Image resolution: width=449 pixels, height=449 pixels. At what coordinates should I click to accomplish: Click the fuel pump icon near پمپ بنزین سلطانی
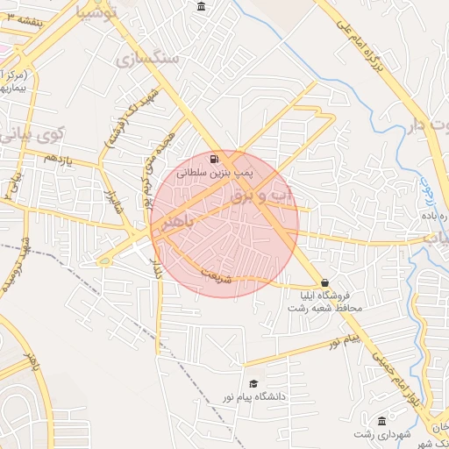[x=215, y=160]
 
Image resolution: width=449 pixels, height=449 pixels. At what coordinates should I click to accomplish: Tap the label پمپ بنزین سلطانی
[x=208, y=174]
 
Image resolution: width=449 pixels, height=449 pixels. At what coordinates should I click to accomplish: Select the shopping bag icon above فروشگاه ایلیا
[x=326, y=282]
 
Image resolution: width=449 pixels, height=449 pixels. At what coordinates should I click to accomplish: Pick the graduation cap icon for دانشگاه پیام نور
[x=253, y=383]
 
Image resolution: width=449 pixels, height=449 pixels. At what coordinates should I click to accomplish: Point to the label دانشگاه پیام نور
[x=280, y=396]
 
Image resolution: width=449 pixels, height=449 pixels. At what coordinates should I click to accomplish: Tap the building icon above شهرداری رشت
[x=381, y=420]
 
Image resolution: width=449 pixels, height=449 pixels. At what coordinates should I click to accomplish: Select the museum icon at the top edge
[x=203, y=8]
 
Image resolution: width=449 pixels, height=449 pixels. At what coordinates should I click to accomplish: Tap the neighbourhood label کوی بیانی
[x=31, y=136]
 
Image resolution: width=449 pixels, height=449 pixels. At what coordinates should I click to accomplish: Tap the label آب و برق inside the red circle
[x=254, y=195]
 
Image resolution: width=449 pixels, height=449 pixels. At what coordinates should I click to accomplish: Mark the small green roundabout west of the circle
[x=104, y=260]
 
